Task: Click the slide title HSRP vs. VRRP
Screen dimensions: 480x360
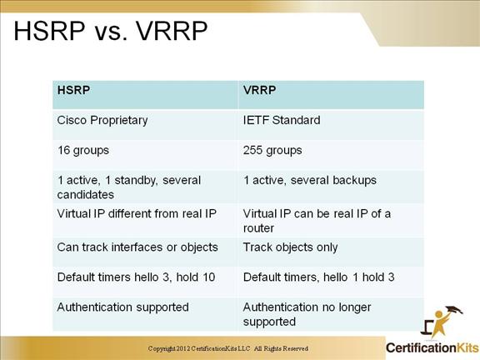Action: (111, 31)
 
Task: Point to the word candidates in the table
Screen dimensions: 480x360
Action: (85, 195)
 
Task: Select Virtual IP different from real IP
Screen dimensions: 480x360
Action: (137, 213)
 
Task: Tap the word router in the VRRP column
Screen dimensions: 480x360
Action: (258, 228)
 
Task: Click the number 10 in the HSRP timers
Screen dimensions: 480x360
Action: (208, 277)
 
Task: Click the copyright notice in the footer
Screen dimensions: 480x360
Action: (228, 348)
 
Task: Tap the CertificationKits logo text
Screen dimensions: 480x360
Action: (432, 348)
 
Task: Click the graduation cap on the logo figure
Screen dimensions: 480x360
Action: (454, 310)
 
